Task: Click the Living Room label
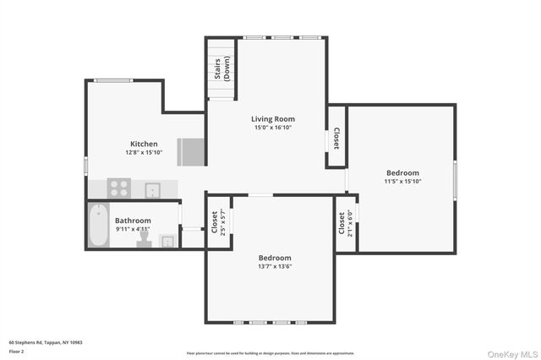[x=273, y=119]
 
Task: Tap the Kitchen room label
[x=143, y=144]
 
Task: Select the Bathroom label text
[x=133, y=221]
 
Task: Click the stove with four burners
[x=119, y=188]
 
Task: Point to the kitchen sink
[x=153, y=188]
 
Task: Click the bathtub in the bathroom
[x=98, y=226]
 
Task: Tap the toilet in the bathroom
[x=143, y=240]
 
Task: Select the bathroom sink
[x=167, y=242]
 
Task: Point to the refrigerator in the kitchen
[x=190, y=152]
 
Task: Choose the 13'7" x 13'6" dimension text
[x=275, y=266]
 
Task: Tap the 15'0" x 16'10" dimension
[x=273, y=128]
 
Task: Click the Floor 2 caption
[x=16, y=351]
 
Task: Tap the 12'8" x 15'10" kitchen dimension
[x=143, y=153]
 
